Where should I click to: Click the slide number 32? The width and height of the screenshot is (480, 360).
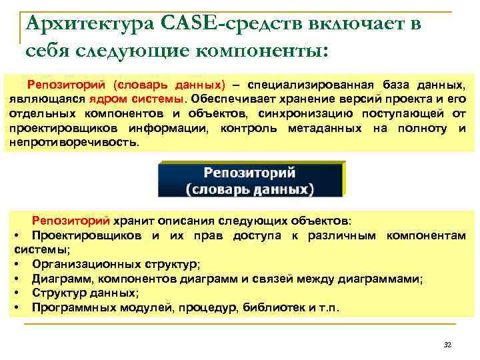tap(447, 344)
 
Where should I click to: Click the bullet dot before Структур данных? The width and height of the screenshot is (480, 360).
tap(16, 294)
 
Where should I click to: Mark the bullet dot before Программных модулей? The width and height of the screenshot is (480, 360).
tap(16, 309)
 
